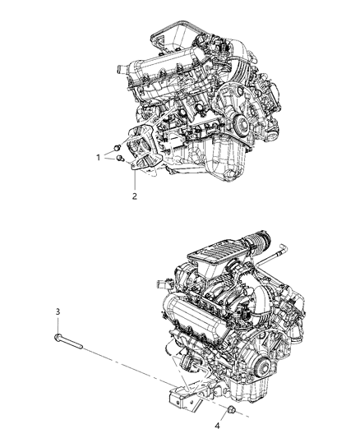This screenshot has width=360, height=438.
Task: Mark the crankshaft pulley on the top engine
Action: click(241, 124)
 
